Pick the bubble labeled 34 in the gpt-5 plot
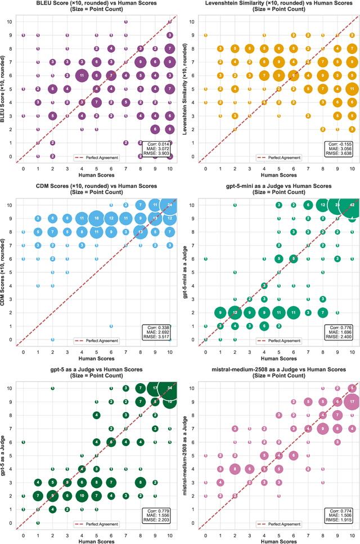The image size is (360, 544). (x=170, y=388)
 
